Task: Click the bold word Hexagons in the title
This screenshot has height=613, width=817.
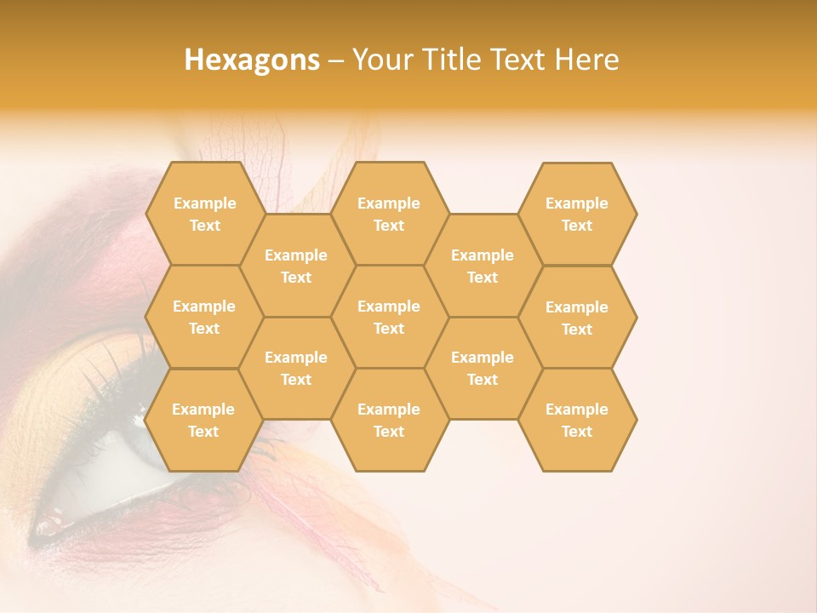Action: click(x=252, y=60)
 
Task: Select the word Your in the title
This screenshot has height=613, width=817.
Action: click(x=380, y=60)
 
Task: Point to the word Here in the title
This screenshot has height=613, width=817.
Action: click(x=586, y=60)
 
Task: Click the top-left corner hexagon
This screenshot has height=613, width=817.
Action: click(x=204, y=214)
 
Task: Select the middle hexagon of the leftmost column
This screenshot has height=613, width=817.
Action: click(x=204, y=317)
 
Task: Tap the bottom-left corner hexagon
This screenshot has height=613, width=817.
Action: click(x=203, y=420)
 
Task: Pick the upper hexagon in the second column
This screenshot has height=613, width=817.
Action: click(x=296, y=266)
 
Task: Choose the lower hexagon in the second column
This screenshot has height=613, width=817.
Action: click(x=296, y=368)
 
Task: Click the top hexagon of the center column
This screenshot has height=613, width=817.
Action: click(x=389, y=214)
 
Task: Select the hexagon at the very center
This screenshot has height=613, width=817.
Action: click(x=389, y=317)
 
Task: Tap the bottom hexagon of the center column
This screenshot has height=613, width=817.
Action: click(x=389, y=420)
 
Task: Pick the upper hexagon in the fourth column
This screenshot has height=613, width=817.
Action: click(x=483, y=266)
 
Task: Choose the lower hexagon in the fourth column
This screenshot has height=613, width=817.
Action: click(x=483, y=368)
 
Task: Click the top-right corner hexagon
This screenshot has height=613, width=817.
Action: click(x=577, y=214)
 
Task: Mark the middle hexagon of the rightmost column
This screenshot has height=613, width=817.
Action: click(x=577, y=318)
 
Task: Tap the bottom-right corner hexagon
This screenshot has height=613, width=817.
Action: click(x=577, y=420)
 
